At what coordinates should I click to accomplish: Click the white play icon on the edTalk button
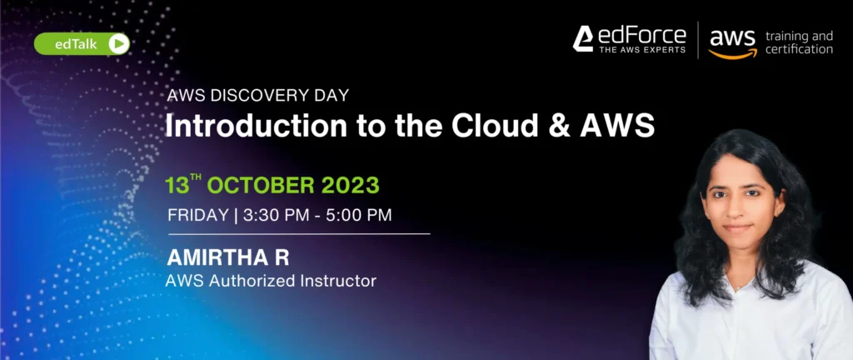pyautogui.click(x=118, y=44)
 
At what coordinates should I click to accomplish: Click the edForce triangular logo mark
pyautogui.click(x=582, y=39)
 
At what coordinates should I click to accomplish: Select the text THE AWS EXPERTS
pyautogui.click(x=642, y=50)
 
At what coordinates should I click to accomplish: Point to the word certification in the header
pyautogui.click(x=799, y=49)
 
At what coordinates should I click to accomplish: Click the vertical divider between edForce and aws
pyautogui.click(x=698, y=40)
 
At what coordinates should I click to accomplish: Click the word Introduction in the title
pyautogui.click(x=257, y=126)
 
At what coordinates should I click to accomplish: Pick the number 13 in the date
pyautogui.click(x=177, y=186)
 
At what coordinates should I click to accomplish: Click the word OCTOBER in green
pyautogui.click(x=261, y=186)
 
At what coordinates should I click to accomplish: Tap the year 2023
pyautogui.click(x=350, y=186)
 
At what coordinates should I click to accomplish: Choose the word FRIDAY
pyautogui.click(x=198, y=215)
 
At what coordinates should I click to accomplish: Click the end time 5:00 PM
pyautogui.click(x=358, y=215)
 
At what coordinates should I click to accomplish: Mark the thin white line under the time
pyautogui.click(x=299, y=234)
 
